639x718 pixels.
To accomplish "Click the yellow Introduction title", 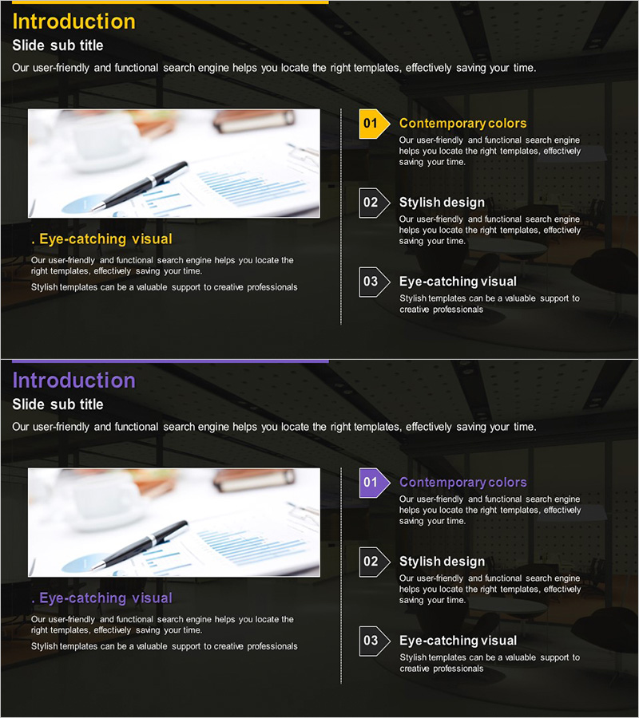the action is tap(73, 22).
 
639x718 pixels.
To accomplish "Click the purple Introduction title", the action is tap(73, 381).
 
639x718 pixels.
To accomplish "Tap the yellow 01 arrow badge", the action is tap(374, 124).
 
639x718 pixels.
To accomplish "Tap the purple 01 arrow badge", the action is tap(374, 483).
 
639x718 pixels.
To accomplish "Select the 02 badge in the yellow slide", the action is tap(374, 203).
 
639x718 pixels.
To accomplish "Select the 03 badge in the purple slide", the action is tap(374, 641).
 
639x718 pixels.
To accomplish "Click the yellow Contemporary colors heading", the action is tap(463, 123).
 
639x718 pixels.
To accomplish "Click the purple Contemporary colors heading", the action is tap(463, 482).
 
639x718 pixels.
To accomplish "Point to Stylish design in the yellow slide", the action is tap(442, 203).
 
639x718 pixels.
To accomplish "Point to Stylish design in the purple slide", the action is tap(442, 562).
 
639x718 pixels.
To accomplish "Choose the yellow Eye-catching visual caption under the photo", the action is tap(101, 239).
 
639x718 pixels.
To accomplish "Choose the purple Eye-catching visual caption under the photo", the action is tap(101, 598).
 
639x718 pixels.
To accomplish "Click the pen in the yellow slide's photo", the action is tap(139, 187).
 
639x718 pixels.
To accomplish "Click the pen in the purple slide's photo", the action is tap(139, 546).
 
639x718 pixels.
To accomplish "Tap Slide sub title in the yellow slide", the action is tap(58, 45).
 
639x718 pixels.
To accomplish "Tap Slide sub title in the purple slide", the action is tap(58, 404).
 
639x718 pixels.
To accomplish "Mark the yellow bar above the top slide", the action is tap(170, 2).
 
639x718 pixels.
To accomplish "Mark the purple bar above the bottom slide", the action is tap(170, 361).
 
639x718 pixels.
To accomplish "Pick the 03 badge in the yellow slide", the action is tap(374, 282).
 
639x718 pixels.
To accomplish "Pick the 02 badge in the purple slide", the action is tap(374, 562).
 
